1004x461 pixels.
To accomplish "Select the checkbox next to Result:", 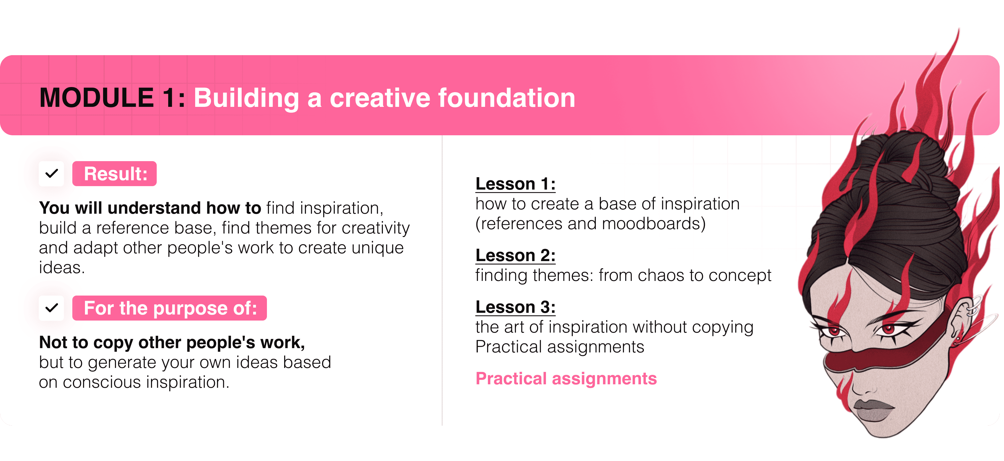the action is (x=51, y=173).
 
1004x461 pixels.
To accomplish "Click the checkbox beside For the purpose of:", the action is (x=51, y=308).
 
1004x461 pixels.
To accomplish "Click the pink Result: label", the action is (x=115, y=173).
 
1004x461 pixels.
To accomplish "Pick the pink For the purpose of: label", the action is (x=170, y=308).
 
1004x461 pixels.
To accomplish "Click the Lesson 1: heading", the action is (x=515, y=184).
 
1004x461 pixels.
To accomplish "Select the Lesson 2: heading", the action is (x=515, y=255).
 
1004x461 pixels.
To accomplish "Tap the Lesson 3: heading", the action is (x=515, y=307).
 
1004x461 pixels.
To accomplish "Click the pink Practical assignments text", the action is (x=566, y=379).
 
